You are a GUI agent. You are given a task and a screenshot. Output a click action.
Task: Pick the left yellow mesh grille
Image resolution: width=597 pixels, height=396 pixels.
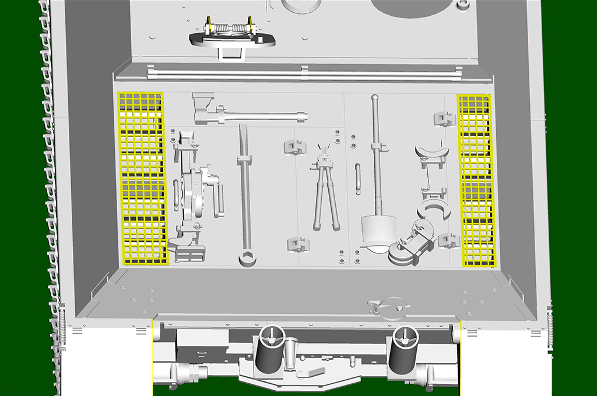pos(143,178)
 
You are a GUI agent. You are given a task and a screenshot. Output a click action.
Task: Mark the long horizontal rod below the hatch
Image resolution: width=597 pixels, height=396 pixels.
pos(303,75)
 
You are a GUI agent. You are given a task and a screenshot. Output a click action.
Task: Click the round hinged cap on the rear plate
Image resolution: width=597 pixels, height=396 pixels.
pos(385,306)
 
